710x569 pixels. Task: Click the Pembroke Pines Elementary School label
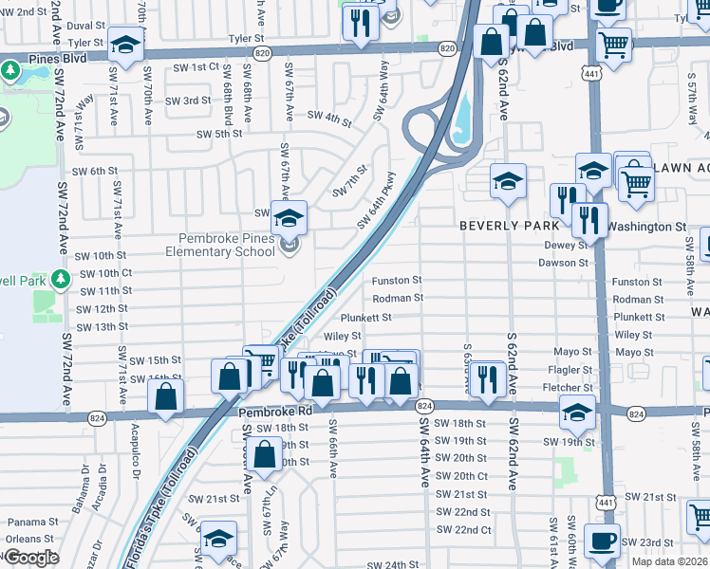coord(220,246)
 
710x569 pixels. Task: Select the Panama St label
coord(33,522)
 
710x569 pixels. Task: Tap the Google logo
coord(31,558)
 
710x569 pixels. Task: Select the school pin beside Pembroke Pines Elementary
coord(288,217)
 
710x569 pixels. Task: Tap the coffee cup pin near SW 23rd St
coord(601,540)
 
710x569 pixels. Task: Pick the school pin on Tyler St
coord(125,44)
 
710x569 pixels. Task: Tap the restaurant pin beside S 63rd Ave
coord(488,378)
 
